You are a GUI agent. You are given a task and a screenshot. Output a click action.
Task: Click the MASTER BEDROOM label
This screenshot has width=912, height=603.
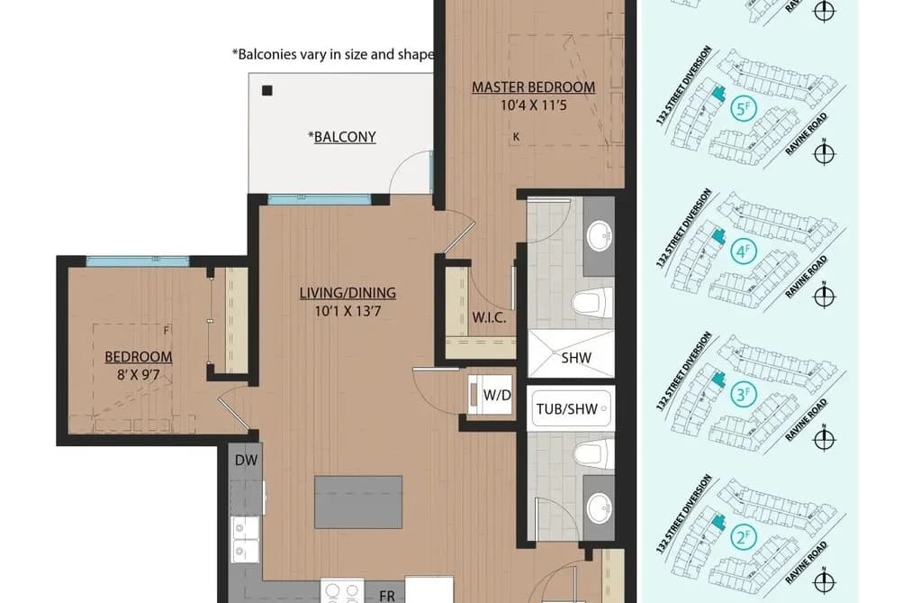click(533, 87)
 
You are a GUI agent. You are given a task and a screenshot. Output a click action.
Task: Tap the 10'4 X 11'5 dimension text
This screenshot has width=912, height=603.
click(533, 105)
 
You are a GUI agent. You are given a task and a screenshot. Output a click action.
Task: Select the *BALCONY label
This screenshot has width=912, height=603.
click(342, 137)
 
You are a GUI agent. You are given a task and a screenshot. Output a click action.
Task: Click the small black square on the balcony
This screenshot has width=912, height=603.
click(267, 90)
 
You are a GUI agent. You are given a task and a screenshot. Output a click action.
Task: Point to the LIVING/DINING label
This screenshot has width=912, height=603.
click(348, 293)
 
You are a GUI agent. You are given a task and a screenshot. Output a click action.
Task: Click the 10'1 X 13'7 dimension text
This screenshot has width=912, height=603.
click(348, 311)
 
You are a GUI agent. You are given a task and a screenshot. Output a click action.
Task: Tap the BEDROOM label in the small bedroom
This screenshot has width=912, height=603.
click(139, 357)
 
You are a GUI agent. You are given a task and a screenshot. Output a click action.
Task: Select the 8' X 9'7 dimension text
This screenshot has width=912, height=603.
click(139, 375)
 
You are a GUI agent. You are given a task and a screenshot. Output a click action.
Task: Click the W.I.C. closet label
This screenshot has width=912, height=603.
click(489, 318)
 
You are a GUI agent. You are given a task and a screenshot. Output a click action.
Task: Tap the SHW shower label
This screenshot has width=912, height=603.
click(576, 357)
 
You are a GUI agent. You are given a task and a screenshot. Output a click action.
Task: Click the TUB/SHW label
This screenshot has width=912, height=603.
click(567, 409)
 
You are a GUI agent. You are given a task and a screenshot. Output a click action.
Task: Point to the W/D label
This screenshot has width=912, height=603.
click(497, 395)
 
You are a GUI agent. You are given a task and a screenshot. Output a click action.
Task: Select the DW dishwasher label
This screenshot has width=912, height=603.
click(246, 461)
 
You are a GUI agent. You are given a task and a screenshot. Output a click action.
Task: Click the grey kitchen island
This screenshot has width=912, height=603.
click(358, 502)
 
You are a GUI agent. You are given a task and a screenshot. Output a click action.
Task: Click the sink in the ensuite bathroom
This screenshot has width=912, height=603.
click(599, 237)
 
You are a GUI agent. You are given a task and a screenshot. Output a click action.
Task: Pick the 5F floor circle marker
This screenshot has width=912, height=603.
click(742, 108)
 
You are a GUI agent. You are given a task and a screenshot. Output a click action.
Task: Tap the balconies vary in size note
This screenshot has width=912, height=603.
click(333, 55)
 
